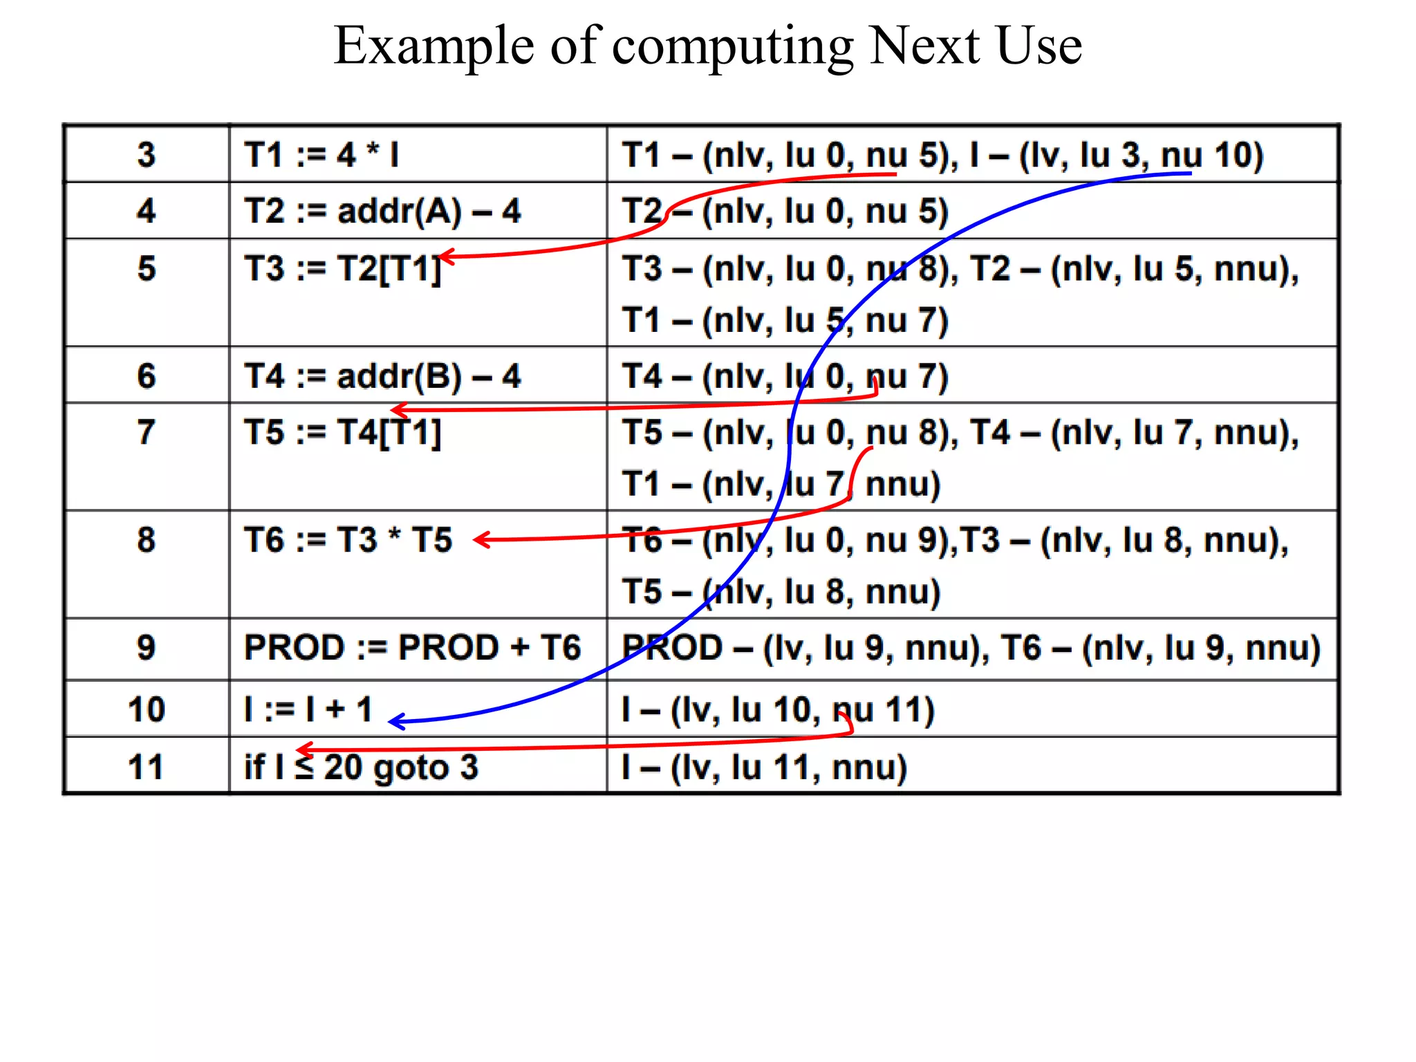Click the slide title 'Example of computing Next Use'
click(707, 46)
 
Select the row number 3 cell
click(146, 154)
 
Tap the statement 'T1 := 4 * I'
click(322, 154)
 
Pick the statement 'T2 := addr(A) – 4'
click(382, 211)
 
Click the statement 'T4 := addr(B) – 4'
click(382, 376)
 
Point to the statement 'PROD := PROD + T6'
click(412, 648)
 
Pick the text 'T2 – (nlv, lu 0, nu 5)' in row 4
click(785, 211)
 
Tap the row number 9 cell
click(146, 648)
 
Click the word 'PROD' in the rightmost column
click(672, 648)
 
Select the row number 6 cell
click(146, 376)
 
